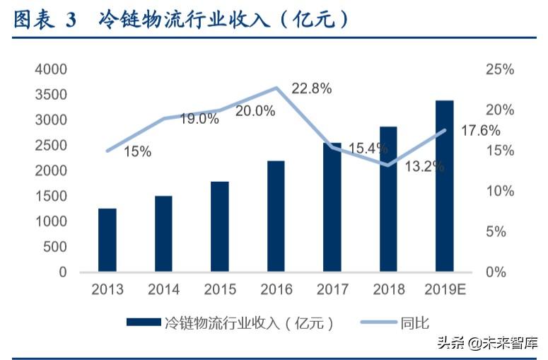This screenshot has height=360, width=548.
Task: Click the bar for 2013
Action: (107, 240)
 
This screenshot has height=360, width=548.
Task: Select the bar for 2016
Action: (276, 216)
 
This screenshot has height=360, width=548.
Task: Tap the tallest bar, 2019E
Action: (444, 186)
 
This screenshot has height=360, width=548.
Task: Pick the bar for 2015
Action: (219, 226)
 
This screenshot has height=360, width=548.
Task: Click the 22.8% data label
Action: (312, 88)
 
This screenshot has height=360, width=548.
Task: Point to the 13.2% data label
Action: (424, 167)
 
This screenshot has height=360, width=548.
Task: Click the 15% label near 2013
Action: (137, 151)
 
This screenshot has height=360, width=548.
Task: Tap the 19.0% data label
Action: (199, 119)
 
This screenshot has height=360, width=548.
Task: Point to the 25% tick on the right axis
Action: (500, 69)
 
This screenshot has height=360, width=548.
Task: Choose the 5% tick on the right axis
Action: (500, 232)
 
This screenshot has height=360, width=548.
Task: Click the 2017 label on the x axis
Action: (332, 290)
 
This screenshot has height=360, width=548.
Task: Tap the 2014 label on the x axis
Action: (163, 290)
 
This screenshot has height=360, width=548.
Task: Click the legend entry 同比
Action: (414, 323)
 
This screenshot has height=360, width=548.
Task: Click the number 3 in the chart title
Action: (71, 21)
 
